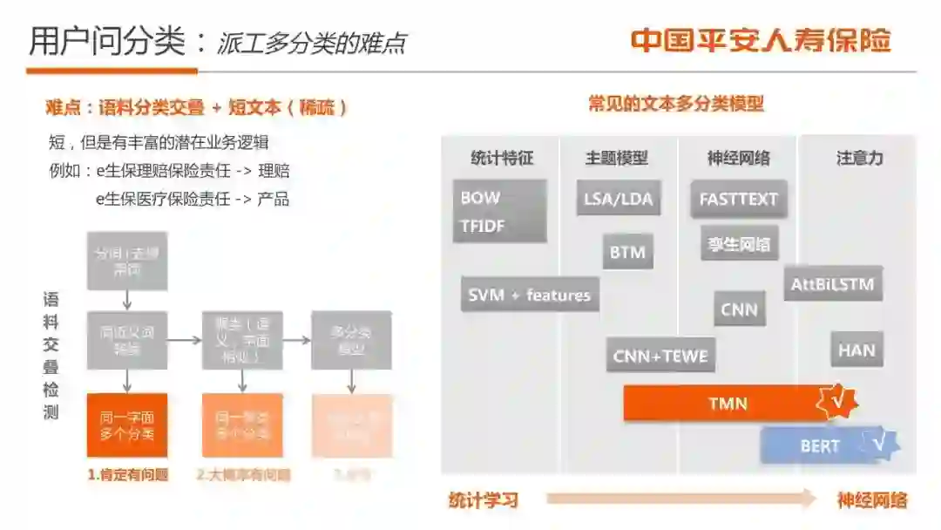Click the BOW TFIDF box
click(x=499, y=211)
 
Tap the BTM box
click(x=627, y=253)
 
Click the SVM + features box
click(x=529, y=295)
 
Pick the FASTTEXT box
click(x=739, y=199)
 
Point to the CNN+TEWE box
click(x=660, y=356)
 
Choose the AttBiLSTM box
click(x=832, y=284)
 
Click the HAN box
click(x=856, y=350)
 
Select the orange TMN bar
click(x=728, y=404)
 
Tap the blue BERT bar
click(x=819, y=446)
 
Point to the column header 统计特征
click(x=501, y=159)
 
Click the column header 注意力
click(x=859, y=159)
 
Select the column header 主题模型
click(x=617, y=159)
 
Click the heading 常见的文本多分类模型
click(x=676, y=105)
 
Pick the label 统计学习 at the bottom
click(x=484, y=499)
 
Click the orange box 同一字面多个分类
click(x=127, y=425)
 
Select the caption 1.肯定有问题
click(x=127, y=475)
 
